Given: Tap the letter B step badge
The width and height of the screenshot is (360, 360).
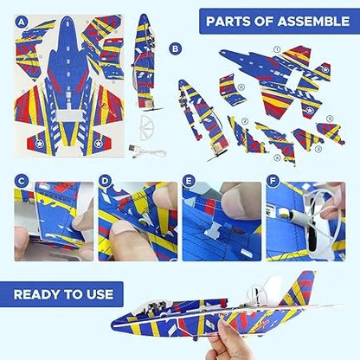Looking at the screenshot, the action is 175,48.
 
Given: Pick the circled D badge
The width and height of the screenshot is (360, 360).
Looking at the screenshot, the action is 105,182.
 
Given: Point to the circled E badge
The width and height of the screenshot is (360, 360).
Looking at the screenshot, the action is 189,181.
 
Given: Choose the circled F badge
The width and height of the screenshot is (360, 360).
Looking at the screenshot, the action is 273,181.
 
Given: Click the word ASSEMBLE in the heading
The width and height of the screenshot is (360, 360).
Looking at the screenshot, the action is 313,22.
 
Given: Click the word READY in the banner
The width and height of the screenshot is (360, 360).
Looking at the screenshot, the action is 37,294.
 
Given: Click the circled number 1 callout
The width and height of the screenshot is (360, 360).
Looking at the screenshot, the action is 277,49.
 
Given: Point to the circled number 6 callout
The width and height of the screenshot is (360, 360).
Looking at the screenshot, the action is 241,87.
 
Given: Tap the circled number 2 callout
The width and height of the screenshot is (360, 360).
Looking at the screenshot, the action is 246,121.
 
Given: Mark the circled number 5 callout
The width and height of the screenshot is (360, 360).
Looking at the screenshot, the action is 330,119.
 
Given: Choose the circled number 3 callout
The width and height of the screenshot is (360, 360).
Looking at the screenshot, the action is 318,149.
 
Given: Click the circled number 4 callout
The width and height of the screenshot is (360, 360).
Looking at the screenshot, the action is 278,157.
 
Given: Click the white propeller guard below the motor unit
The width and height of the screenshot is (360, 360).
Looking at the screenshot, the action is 146,128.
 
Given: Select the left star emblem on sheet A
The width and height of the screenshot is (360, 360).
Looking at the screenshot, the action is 39,143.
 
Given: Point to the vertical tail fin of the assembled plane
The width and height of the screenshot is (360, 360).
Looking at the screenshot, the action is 299,288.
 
